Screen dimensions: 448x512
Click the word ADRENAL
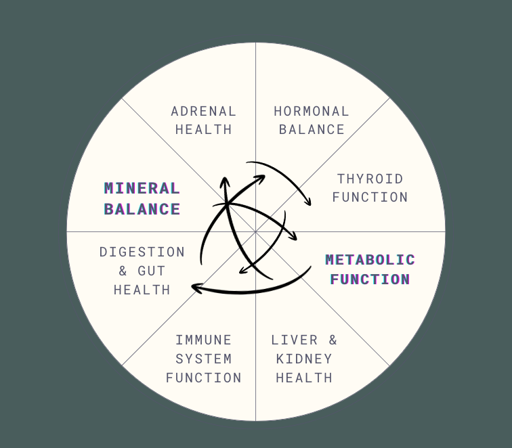[203, 111]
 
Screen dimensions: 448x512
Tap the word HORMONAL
[312, 111]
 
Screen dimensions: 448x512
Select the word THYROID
[370, 179]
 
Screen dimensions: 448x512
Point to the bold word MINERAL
[142, 188]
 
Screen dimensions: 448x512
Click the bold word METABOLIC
[370, 259]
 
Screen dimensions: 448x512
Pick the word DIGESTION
[142, 252]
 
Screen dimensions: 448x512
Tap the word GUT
[152, 271]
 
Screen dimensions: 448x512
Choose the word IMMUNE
[203, 340]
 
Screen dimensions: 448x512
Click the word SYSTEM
[203, 359]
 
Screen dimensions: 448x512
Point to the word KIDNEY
[304, 359]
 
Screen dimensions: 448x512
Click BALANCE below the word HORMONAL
[312, 129]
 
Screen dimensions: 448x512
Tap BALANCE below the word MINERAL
[142, 209]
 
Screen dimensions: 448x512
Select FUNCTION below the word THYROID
[370, 197]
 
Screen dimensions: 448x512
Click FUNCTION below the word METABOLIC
[370, 279]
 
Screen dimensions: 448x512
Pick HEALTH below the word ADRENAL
[203, 129]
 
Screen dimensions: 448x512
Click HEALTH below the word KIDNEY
[304, 378]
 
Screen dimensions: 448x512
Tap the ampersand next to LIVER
[332, 340]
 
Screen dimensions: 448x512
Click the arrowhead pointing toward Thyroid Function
[308, 202]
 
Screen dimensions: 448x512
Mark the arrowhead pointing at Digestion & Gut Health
[195, 288]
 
